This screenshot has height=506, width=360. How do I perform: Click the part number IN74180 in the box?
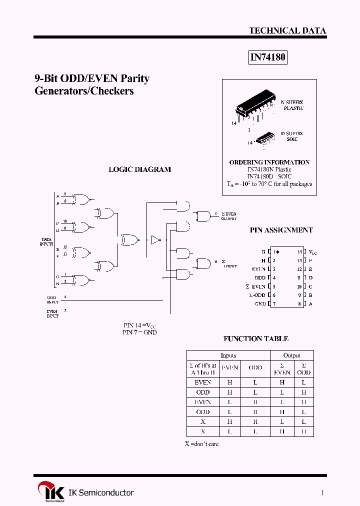pyautogui.click(x=267, y=57)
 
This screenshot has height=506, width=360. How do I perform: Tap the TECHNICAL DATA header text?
pyautogui.click(x=287, y=30)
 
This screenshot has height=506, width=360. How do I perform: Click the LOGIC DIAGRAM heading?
pyautogui.click(x=139, y=169)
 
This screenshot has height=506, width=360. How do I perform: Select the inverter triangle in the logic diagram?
pyautogui.click(x=155, y=240)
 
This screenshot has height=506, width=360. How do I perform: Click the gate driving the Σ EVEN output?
pyautogui.click(x=203, y=216)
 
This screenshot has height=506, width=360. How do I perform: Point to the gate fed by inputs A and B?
pyautogui.click(x=81, y=200)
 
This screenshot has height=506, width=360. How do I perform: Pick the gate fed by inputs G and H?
pyautogui.click(x=81, y=279)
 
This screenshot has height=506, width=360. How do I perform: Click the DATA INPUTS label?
pyautogui.click(x=46, y=241)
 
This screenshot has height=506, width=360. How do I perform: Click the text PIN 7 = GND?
pyautogui.click(x=139, y=332)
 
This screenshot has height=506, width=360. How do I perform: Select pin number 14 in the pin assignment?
pyautogui.click(x=299, y=252)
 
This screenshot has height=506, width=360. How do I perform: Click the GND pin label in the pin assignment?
pyautogui.click(x=260, y=303)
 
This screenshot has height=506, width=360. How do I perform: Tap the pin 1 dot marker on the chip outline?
pyautogui.click(x=277, y=252)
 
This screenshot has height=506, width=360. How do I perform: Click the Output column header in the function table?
pyautogui.click(x=291, y=355)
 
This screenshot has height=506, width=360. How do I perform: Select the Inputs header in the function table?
pyautogui.click(x=228, y=355)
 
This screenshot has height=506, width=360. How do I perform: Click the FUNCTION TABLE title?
pyautogui.click(x=255, y=338)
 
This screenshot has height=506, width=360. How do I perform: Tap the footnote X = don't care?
pyautogui.click(x=202, y=443)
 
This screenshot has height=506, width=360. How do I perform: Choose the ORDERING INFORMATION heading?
pyautogui.click(x=269, y=162)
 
